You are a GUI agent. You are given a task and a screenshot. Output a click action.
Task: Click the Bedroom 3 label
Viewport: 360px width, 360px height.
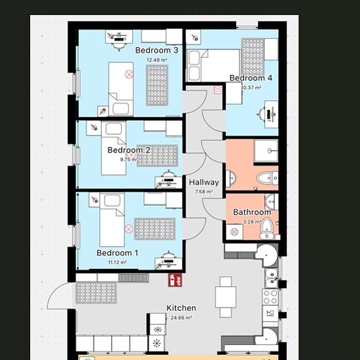click(156, 50)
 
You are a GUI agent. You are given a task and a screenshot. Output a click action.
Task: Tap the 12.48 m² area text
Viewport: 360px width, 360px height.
click(157, 60)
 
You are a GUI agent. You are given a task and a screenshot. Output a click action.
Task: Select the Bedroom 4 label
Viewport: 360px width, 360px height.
click(251, 78)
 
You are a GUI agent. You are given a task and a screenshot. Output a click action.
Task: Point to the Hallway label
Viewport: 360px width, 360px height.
click(204, 183)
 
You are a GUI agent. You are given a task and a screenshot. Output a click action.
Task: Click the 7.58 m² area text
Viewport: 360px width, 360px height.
click(204, 192)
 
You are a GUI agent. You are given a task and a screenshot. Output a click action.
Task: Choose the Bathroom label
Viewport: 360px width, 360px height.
click(252, 212)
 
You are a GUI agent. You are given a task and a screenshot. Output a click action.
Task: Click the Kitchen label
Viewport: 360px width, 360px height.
click(181, 308)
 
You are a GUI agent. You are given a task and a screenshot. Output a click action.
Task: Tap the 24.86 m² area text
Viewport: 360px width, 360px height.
click(181, 317)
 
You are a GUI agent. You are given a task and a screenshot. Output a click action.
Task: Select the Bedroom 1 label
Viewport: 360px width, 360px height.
click(117, 253)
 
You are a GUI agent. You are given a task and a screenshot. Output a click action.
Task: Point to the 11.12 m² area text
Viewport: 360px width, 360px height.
click(117, 262)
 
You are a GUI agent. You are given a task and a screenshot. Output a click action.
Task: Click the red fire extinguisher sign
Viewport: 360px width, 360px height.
click(175, 280)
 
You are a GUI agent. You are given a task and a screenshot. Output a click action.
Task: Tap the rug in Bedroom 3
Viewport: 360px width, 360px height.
click(157, 85)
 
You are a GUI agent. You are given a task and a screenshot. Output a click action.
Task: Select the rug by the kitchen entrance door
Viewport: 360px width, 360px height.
click(96, 293)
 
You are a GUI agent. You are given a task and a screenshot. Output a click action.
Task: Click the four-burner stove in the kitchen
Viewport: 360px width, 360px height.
click(270, 297)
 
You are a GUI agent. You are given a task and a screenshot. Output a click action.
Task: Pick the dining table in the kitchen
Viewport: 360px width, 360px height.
click(226, 297)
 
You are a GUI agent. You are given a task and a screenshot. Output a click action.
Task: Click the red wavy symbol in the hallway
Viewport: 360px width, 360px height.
click(218, 90)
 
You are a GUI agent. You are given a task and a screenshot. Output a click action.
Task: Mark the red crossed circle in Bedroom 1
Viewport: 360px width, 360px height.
click(128, 228)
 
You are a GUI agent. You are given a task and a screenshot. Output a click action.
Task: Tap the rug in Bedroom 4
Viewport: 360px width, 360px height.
click(253, 57)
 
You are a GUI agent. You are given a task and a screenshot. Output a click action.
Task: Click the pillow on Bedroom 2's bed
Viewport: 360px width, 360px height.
click(114, 128)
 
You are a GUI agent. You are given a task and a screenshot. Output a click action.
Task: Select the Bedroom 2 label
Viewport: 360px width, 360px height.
click(129, 150)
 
